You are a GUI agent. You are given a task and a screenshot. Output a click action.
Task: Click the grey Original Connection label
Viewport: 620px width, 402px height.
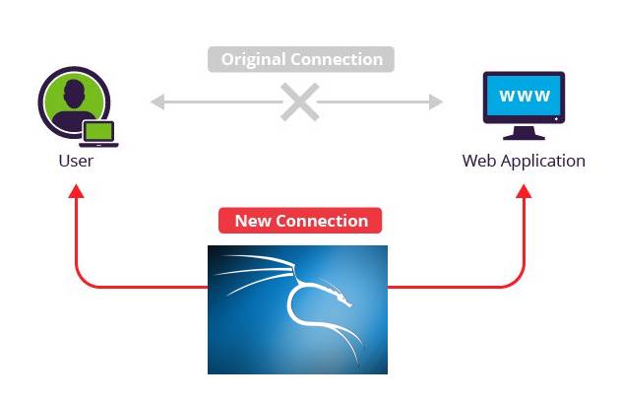301,59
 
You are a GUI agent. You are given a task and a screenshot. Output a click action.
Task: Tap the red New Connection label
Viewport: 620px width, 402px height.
301,220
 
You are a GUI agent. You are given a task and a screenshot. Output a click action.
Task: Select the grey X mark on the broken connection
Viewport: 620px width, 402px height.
299,101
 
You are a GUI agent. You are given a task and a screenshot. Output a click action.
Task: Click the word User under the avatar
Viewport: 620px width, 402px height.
76,161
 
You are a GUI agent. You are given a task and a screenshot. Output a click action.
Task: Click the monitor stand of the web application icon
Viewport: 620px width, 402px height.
524,130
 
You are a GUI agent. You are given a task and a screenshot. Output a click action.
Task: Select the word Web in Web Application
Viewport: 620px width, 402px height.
478,161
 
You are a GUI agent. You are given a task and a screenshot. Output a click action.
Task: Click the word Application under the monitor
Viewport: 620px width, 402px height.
542,162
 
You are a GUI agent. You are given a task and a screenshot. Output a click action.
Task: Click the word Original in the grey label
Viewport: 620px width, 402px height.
251,59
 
